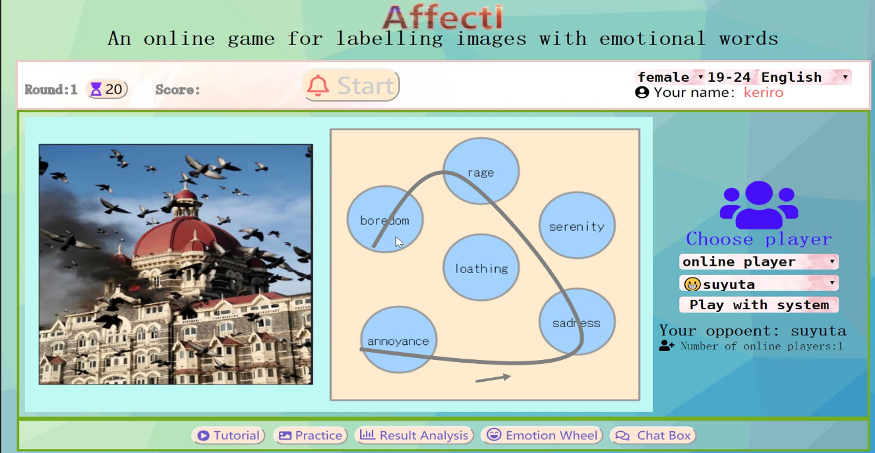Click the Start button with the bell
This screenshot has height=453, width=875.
tap(351, 85)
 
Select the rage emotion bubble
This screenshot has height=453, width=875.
tap(481, 171)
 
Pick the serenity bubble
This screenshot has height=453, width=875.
tap(577, 226)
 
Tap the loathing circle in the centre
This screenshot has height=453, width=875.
tap(481, 268)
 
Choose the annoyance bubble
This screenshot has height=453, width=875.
tap(398, 340)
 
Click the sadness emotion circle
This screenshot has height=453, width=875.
tap(577, 322)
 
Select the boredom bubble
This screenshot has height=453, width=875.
tap(385, 220)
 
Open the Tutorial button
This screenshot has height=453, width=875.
tap(228, 435)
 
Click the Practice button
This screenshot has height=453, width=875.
tap(311, 435)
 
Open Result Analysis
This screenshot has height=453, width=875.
tap(414, 435)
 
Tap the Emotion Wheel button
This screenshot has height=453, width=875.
tap(542, 435)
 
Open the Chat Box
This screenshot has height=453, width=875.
tap(653, 435)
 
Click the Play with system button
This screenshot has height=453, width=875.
tap(759, 305)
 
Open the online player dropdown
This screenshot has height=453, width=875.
tap(759, 262)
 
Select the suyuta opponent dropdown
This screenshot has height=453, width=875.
tap(759, 284)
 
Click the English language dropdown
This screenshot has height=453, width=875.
tap(805, 77)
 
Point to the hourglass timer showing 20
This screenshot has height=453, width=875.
tap(107, 90)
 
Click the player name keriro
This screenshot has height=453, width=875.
tap(764, 92)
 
